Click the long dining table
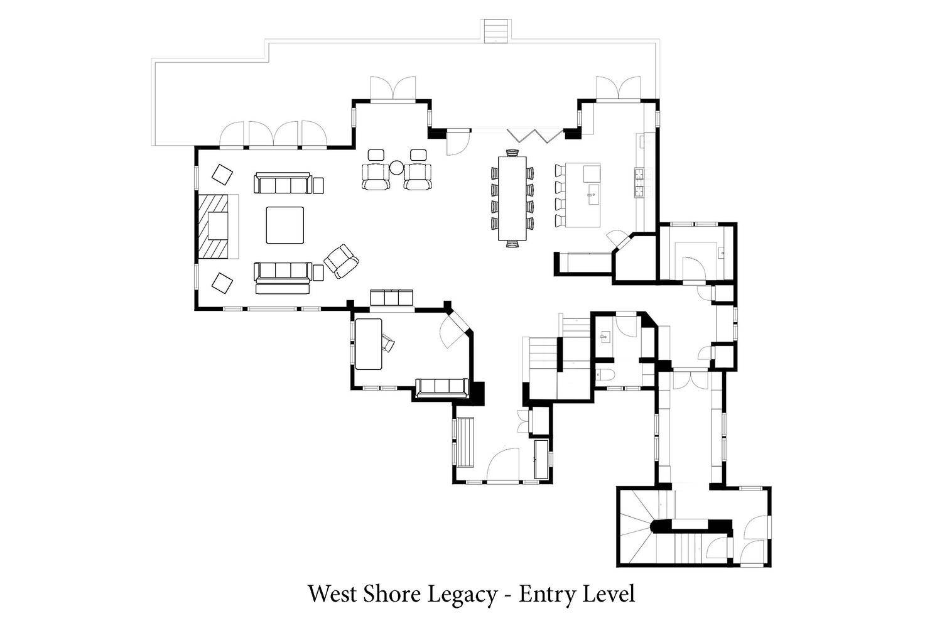pyautogui.click(x=512, y=198)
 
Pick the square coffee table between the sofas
pyautogui.click(x=284, y=225)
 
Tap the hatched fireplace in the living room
pyautogui.click(x=214, y=226)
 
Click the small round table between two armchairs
pyautogui.click(x=396, y=168)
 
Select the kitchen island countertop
pyautogui.click(x=582, y=195)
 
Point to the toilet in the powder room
pyautogui.click(x=605, y=374)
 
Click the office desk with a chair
pyautogui.click(x=369, y=344)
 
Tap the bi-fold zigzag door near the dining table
pyautogui.click(x=535, y=136)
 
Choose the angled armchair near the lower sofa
pyautogui.click(x=341, y=261)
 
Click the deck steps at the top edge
pyautogui.click(x=496, y=31)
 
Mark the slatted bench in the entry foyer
pyautogui.click(x=465, y=441)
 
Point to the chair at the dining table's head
pyautogui.click(x=512, y=152)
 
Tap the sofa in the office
pyautogui.click(x=442, y=388)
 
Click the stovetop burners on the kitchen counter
pyautogui.click(x=639, y=183)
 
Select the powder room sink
pyautogui.click(x=605, y=337)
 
